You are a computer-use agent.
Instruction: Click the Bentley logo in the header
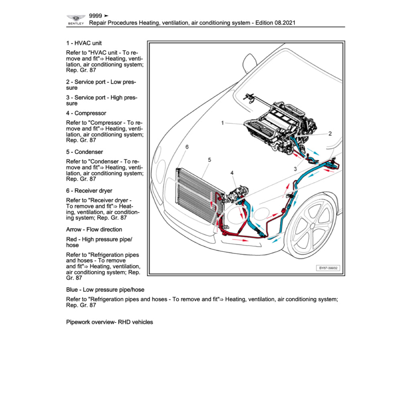75,19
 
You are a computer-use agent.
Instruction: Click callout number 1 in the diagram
222,123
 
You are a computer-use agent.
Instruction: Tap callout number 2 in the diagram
330,134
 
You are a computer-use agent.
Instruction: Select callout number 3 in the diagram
295,169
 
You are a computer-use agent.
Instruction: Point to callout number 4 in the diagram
232,173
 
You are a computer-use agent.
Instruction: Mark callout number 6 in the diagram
187,147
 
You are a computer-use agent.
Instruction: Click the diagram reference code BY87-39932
329,268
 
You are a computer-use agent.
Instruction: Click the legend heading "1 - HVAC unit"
84,43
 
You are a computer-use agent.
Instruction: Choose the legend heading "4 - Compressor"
86,113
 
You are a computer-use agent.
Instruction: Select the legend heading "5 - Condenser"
84,152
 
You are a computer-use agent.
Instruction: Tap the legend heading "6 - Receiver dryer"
89,191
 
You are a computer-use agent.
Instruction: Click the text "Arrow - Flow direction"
94,230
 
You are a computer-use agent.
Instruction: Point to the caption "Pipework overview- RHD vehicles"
109,322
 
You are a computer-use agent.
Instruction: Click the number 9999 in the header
96,16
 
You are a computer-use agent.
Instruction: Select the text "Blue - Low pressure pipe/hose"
105,289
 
